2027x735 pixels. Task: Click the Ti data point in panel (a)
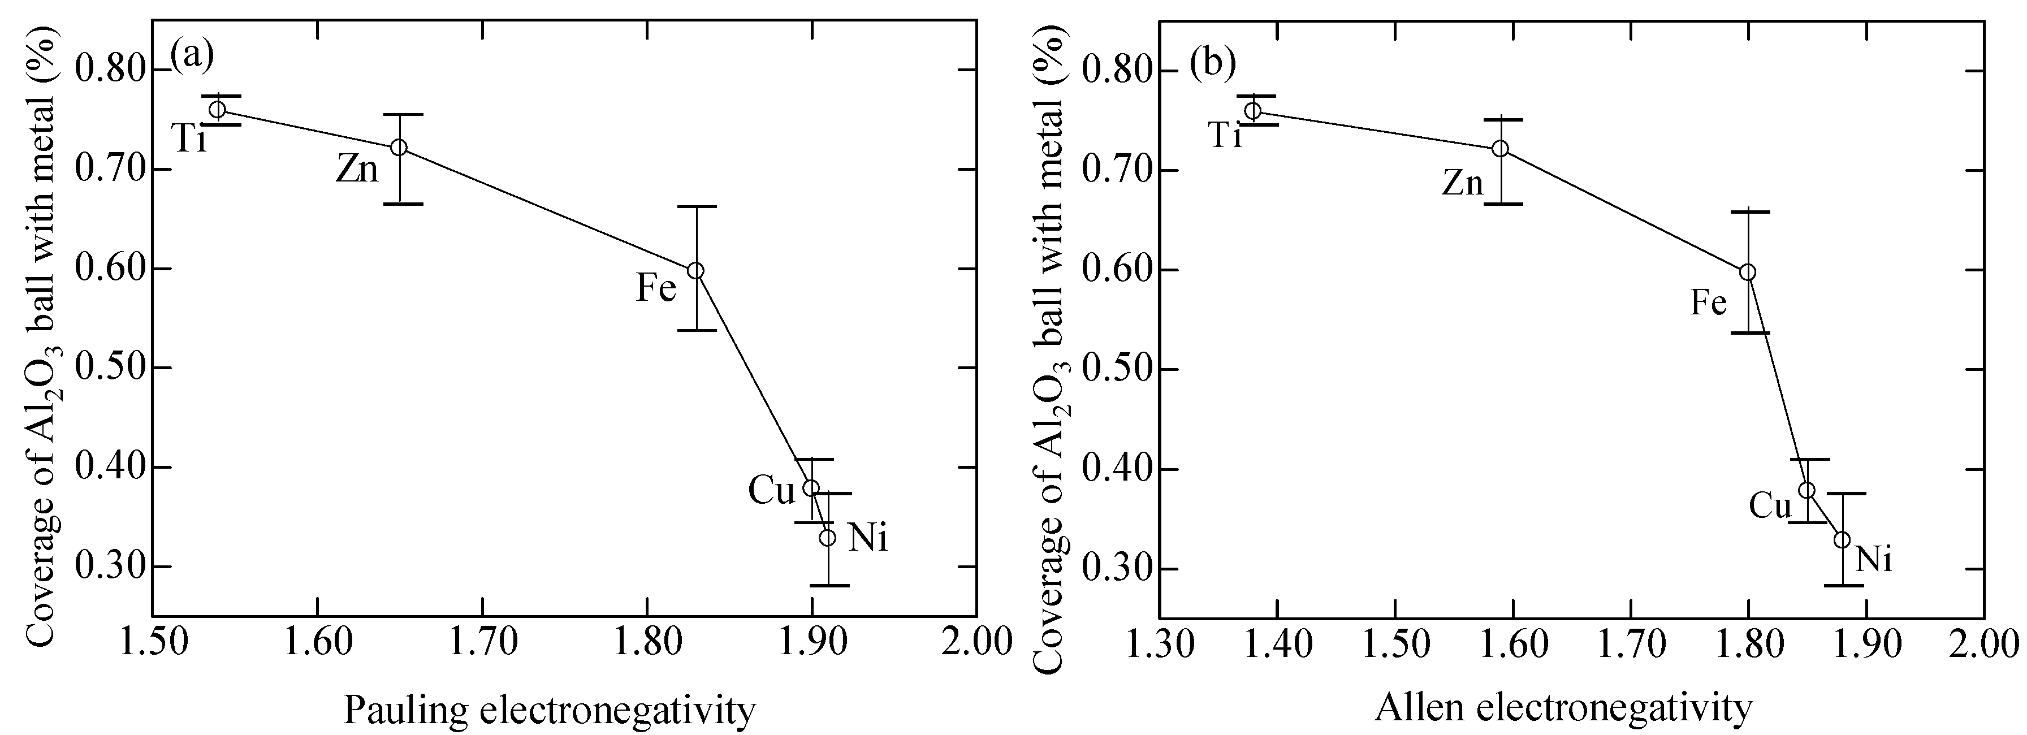click(x=217, y=109)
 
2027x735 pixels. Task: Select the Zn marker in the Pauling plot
click(x=399, y=147)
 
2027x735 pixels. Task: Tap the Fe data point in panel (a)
click(x=695, y=270)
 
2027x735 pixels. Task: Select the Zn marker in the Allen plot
click(x=1501, y=148)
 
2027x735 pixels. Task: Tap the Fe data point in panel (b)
click(x=1748, y=271)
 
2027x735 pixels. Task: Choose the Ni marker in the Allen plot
click(x=1842, y=540)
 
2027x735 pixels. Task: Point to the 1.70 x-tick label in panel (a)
click(x=482, y=643)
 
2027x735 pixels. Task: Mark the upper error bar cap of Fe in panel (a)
click(x=695, y=206)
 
